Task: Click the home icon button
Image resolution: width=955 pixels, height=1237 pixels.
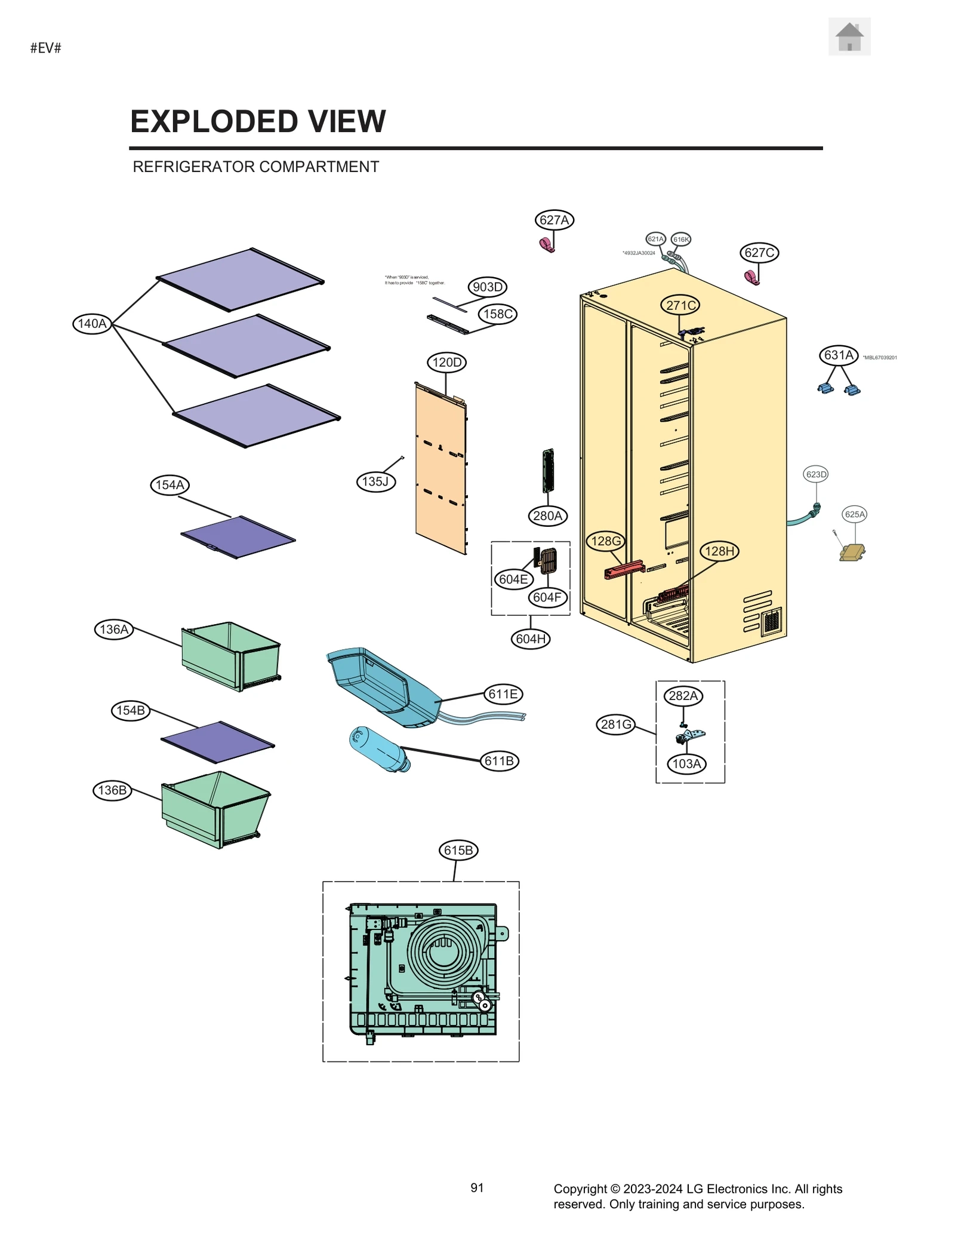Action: coord(849,37)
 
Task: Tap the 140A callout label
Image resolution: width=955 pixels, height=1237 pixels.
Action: coord(93,324)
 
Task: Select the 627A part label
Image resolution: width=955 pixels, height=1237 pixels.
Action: coord(554,220)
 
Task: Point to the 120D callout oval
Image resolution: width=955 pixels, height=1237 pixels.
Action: coord(446,363)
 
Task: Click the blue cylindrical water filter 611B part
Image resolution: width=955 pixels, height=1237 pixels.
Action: coord(380,749)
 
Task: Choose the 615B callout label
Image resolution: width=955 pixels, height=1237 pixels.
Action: coord(458,851)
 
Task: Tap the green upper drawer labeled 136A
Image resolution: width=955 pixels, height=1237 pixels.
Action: coord(230,656)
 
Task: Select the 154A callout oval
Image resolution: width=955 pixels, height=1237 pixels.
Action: coord(170,485)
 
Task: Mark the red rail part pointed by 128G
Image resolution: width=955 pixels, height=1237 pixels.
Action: coord(624,569)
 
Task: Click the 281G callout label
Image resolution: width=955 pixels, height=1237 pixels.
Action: coord(615,725)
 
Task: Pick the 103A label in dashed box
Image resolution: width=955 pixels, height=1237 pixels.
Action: coord(686,764)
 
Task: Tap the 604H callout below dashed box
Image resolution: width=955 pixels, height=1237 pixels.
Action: coord(530,639)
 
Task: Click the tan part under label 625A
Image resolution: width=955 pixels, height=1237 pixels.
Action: coord(852,552)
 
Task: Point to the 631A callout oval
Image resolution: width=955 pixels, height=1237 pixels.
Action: coord(838,355)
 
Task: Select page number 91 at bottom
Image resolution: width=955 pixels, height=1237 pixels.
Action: coord(477,1188)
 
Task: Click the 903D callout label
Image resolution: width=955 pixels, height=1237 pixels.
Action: coord(487,287)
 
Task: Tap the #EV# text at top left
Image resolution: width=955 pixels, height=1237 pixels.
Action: coord(46,48)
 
